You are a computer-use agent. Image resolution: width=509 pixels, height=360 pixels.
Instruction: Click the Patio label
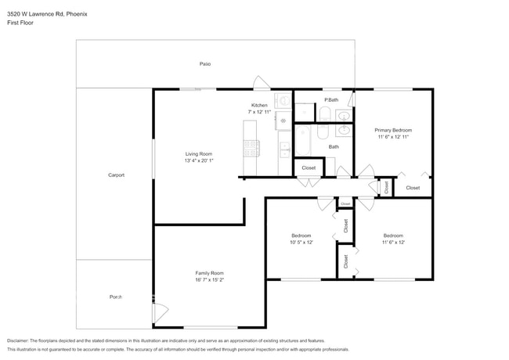pos(205,64)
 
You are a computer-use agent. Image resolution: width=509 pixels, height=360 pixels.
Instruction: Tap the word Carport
pos(116,175)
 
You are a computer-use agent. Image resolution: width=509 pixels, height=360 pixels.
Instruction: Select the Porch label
pos(116,297)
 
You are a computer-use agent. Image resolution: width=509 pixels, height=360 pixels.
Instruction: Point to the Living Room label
pos(199,153)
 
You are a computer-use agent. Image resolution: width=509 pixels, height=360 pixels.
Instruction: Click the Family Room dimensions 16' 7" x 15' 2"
pos(209,279)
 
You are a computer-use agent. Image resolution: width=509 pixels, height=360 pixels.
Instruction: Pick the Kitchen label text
pos(259,105)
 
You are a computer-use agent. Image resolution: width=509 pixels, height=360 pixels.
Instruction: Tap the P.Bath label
pos(331,100)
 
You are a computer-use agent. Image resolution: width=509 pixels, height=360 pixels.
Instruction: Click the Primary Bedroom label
pos(393,130)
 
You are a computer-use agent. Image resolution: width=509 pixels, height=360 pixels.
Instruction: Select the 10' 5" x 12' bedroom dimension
pos(301,243)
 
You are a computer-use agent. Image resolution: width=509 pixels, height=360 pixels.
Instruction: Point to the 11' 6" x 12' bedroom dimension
pos(393,243)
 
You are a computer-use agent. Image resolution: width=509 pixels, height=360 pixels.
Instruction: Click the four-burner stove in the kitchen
pos(251,148)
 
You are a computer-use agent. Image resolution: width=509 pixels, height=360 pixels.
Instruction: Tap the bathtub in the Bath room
pos(302,141)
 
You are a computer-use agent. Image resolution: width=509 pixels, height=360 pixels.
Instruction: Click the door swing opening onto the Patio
pos(262,82)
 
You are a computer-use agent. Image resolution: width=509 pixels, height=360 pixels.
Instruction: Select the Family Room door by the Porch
pos(161,313)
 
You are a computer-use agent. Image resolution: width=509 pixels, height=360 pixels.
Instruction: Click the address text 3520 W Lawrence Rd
pos(36,14)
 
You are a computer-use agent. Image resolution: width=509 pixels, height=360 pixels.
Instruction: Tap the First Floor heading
pos(20,23)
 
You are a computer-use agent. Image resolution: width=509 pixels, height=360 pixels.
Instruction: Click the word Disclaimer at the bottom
pos(18,340)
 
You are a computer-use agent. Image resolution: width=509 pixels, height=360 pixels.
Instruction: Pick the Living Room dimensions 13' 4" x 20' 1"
pos(199,160)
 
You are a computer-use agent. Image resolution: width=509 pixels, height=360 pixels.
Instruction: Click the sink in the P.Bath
pos(343,115)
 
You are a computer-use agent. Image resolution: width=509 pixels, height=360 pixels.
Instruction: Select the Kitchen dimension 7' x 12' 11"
pos(259,112)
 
